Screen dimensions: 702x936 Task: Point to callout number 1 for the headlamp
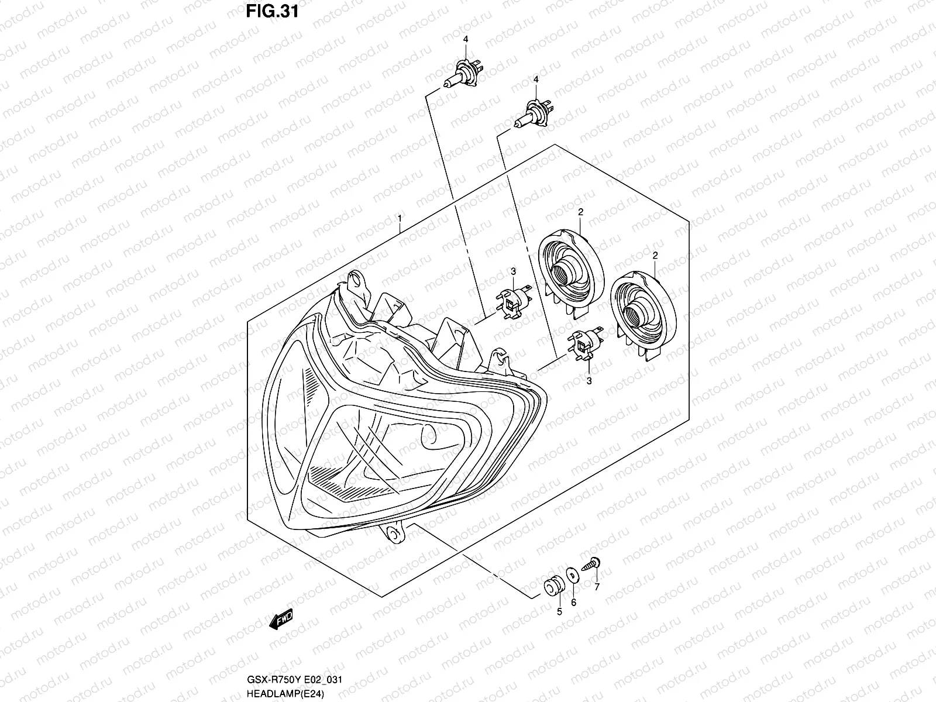click(400, 218)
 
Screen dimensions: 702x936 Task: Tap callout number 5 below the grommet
click(559, 612)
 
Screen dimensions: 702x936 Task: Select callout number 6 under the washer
click(573, 602)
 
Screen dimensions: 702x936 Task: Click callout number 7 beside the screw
click(597, 587)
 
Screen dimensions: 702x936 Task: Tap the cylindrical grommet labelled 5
click(553, 584)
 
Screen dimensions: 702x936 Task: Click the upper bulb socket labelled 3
click(513, 301)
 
